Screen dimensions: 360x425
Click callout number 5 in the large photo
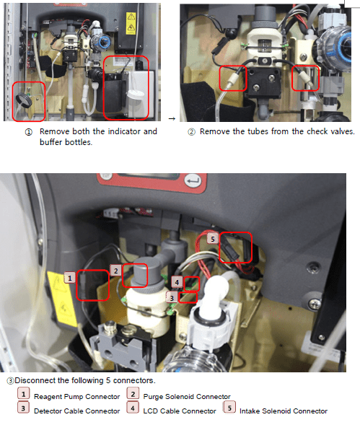pyautogui.click(x=213, y=239)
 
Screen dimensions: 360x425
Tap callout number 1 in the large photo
pyautogui.click(x=70, y=278)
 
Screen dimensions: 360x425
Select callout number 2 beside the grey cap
pyautogui.click(x=115, y=271)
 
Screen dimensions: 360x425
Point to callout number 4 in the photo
pyautogui.click(x=177, y=282)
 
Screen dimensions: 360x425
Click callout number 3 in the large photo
pyautogui.click(x=172, y=297)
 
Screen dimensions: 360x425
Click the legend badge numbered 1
pyautogui.click(x=23, y=393)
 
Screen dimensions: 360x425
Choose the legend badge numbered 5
pyautogui.click(x=229, y=408)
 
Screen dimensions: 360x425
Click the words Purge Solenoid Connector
pyautogui.click(x=187, y=397)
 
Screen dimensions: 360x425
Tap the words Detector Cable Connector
pyautogui.click(x=76, y=411)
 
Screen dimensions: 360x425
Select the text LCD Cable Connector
pyautogui.click(x=180, y=411)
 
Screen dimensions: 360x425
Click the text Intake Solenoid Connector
pyautogui.click(x=284, y=411)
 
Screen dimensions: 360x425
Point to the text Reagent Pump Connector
pyautogui.click(x=76, y=397)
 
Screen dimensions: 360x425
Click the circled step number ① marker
pyautogui.click(x=28, y=132)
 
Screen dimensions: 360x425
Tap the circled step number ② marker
pyautogui.click(x=191, y=132)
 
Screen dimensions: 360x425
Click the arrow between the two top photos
pyautogui.click(x=172, y=118)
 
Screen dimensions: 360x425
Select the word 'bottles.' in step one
pyautogui.click(x=79, y=142)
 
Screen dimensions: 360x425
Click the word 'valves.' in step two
pyautogui.click(x=343, y=131)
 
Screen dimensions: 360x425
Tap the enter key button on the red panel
pyautogui.click(x=193, y=180)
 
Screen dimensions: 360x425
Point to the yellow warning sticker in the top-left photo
pyautogui.click(x=131, y=23)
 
